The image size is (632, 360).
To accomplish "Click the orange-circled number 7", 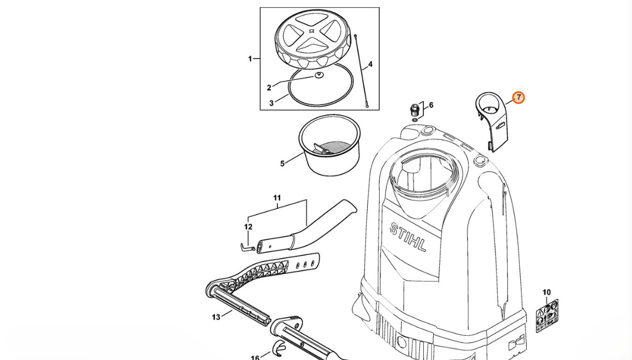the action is coord(519,97).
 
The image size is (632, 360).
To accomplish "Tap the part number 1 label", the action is coord(250,59).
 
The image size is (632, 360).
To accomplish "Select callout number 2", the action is coord(269,88).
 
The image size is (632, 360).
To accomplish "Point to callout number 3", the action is coord(271,103).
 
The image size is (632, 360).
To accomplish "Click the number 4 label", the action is coord(371,64).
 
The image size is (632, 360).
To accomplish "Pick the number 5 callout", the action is coord(282,163).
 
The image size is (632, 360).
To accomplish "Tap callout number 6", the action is coord(431,105).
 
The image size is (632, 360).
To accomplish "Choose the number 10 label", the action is coord(546,292).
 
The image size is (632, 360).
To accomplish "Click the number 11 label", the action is coord(277,198).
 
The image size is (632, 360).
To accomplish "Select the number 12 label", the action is coord(248,227).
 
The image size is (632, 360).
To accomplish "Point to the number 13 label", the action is coord(216,317).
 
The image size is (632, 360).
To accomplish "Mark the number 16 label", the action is coord(255,357).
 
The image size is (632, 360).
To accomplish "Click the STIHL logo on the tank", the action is coord(408,237).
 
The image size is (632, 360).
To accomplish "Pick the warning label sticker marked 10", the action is coord(547,315).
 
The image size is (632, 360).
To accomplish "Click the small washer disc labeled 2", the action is coord(319,75).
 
